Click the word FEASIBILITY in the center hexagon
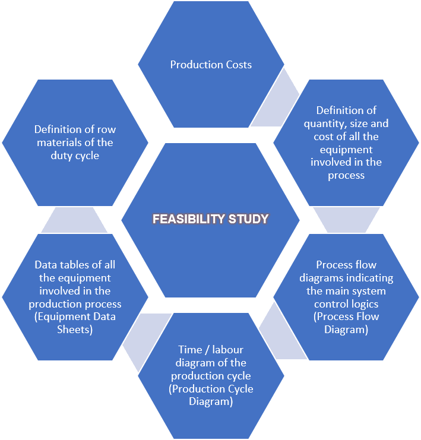(189, 219)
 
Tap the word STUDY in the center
(249, 219)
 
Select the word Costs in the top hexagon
(239, 65)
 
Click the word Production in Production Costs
(197, 65)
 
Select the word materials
(58, 143)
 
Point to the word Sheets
(75, 330)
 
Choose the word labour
(228, 350)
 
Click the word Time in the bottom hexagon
(190, 350)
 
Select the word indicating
(371, 278)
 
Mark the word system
(370, 292)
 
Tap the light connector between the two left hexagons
(74, 220)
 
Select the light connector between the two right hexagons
(346, 220)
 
